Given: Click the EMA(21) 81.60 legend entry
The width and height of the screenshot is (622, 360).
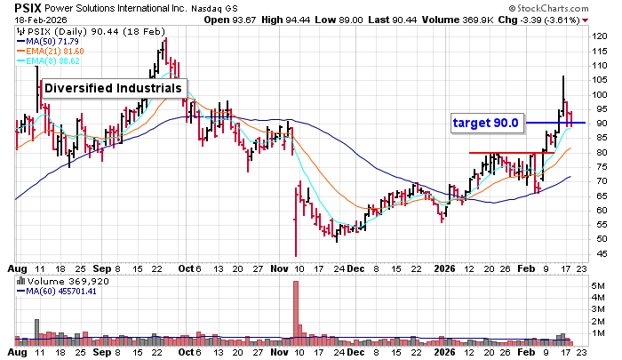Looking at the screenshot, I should (x=57, y=51).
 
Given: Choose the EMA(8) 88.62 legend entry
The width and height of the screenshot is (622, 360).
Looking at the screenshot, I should (x=55, y=60).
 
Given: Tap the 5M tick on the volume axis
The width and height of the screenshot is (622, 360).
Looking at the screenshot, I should (x=597, y=286).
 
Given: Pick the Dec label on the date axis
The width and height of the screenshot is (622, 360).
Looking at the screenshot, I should (x=355, y=267).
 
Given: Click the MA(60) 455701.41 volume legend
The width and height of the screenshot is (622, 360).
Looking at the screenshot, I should (x=60, y=290).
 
